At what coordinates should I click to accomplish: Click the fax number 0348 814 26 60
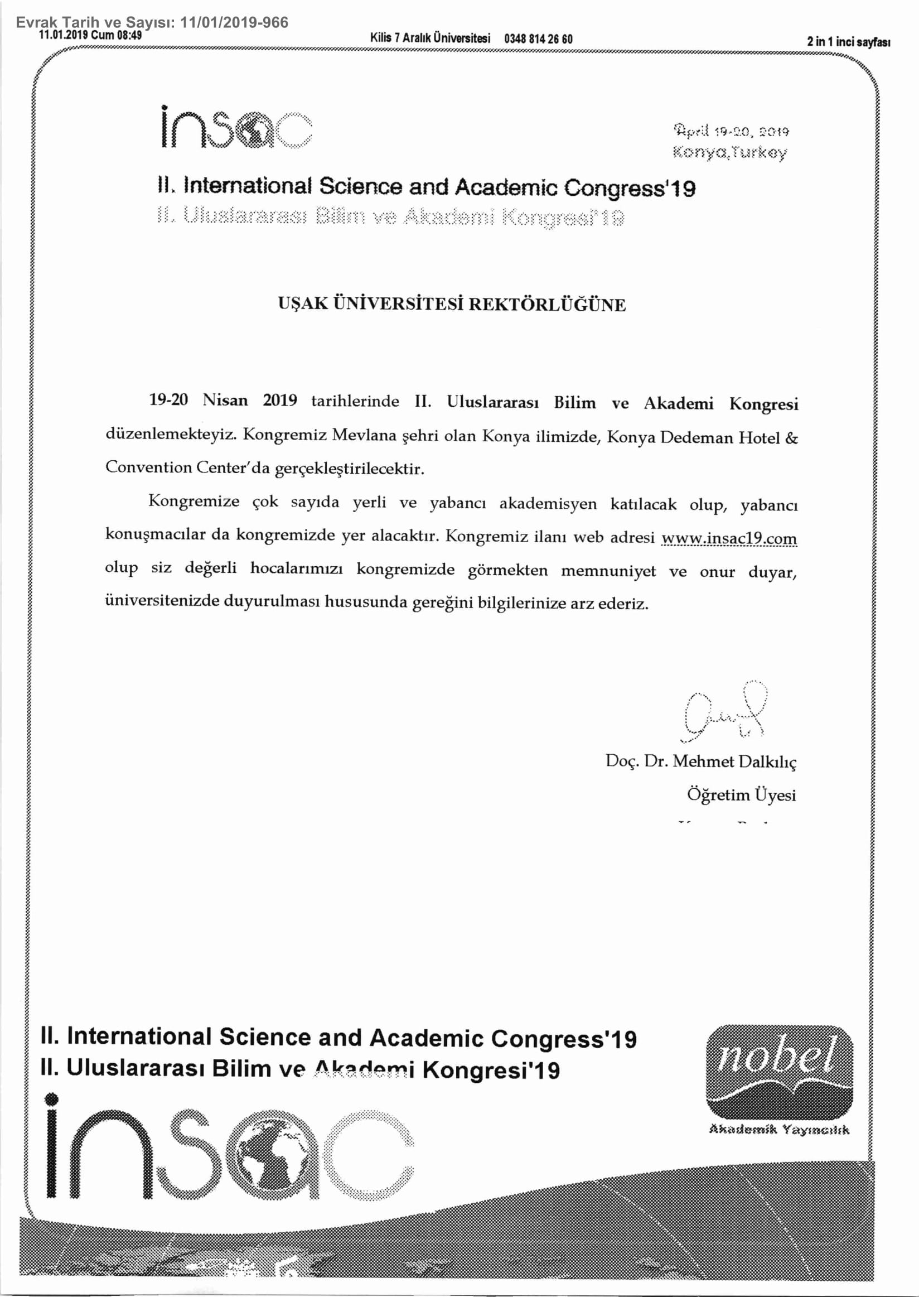[x=538, y=39]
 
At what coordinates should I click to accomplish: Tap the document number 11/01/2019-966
[x=234, y=23]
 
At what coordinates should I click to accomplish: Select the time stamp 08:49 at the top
[x=129, y=35]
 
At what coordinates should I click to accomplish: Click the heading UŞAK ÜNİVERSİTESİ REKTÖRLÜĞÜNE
[x=452, y=305]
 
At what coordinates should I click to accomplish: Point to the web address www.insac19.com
[x=729, y=538]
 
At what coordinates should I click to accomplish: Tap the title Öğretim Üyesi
[x=741, y=795]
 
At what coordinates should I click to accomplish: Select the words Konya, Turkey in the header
[x=729, y=152]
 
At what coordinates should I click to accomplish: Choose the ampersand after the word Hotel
[x=792, y=438]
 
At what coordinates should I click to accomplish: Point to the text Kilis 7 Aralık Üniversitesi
[x=430, y=39]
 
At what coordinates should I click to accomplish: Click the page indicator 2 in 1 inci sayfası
[x=849, y=42]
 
